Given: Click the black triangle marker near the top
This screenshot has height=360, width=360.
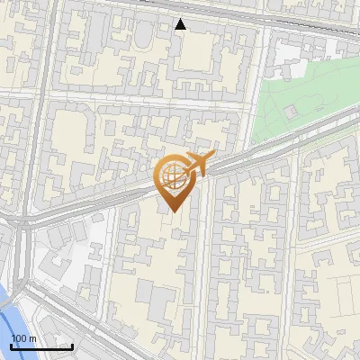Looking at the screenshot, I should [x=181, y=24].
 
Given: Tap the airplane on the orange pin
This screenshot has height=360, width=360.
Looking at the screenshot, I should [x=198, y=164].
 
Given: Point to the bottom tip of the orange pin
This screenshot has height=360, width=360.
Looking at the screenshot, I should [x=174, y=212].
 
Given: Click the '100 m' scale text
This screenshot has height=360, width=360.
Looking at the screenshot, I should [x=23, y=338].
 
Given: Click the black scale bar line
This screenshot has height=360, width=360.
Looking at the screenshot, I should [x=41, y=347].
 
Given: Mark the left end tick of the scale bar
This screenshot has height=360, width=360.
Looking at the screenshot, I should [x=11, y=346].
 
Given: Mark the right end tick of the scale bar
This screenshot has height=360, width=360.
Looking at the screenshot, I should [x=72, y=346].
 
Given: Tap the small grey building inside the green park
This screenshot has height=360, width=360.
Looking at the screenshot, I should [x=291, y=112].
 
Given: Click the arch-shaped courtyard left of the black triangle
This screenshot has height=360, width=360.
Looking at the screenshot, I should [x=142, y=36].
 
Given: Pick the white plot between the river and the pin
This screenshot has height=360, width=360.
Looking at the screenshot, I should [x=63, y=261].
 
